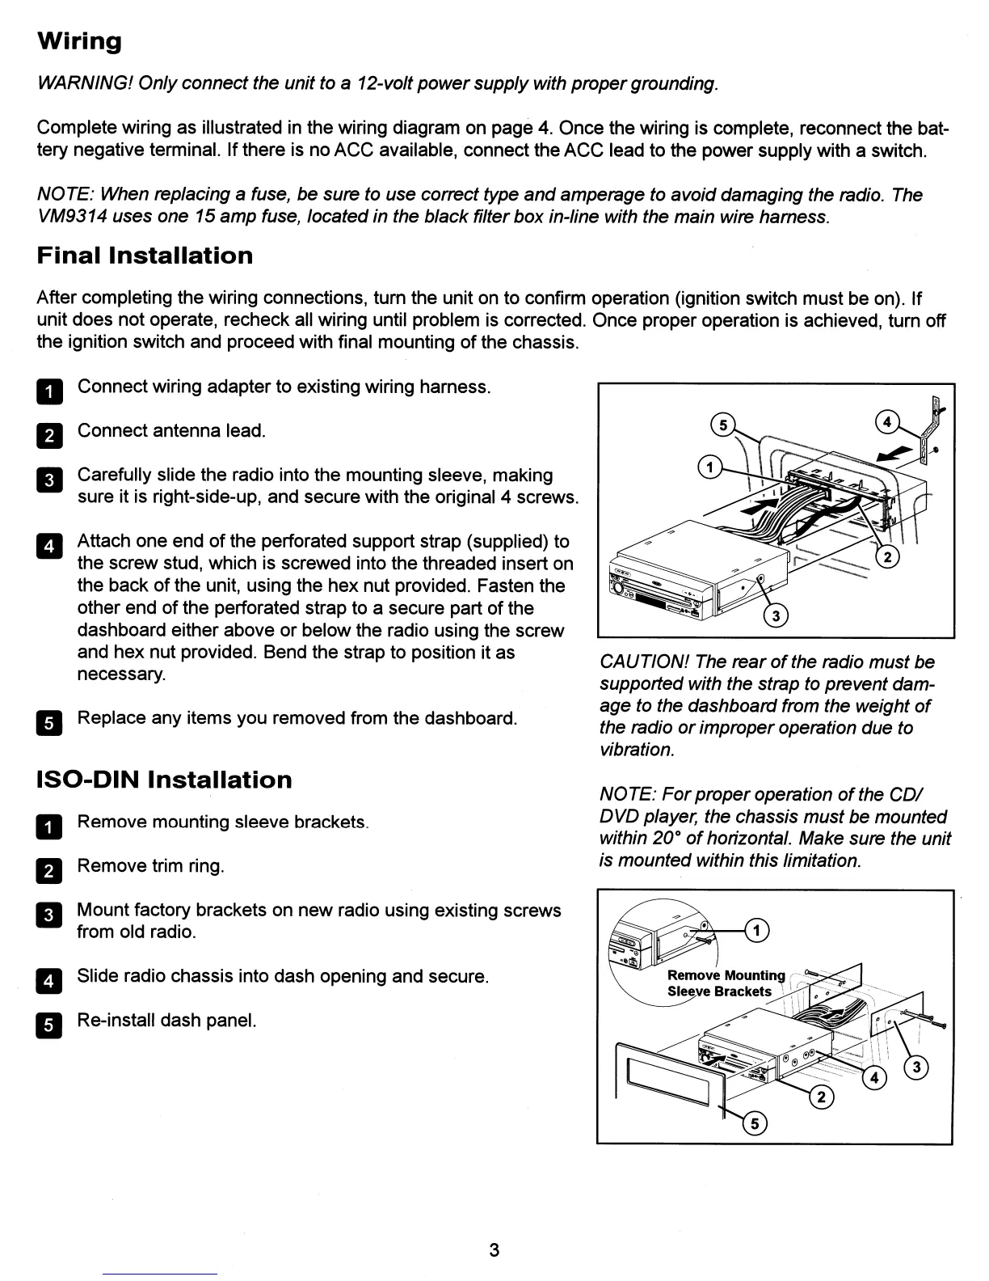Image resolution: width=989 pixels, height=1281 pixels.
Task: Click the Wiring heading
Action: click(x=79, y=41)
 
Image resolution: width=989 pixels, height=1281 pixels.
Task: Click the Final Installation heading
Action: click(x=145, y=256)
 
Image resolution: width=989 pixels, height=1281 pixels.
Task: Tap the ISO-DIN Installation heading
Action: click(x=165, y=780)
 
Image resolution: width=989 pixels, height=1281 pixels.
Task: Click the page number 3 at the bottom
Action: click(x=494, y=1250)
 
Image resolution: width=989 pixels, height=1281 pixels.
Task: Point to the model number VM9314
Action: click(x=71, y=217)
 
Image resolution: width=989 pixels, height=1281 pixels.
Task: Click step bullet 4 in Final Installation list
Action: click(x=48, y=546)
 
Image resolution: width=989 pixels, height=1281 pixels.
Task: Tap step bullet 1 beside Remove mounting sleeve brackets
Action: click(x=48, y=827)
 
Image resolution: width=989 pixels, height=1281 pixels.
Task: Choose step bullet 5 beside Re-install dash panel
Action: click(x=48, y=1025)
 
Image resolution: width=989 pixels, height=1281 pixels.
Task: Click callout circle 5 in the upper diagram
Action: click(x=723, y=425)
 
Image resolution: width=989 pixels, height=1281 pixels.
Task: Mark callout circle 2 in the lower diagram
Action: click(x=822, y=1097)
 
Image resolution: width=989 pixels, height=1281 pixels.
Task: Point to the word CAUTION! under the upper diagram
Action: click(x=643, y=662)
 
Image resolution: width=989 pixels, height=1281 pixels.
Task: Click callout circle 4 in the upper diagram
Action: click(x=887, y=421)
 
